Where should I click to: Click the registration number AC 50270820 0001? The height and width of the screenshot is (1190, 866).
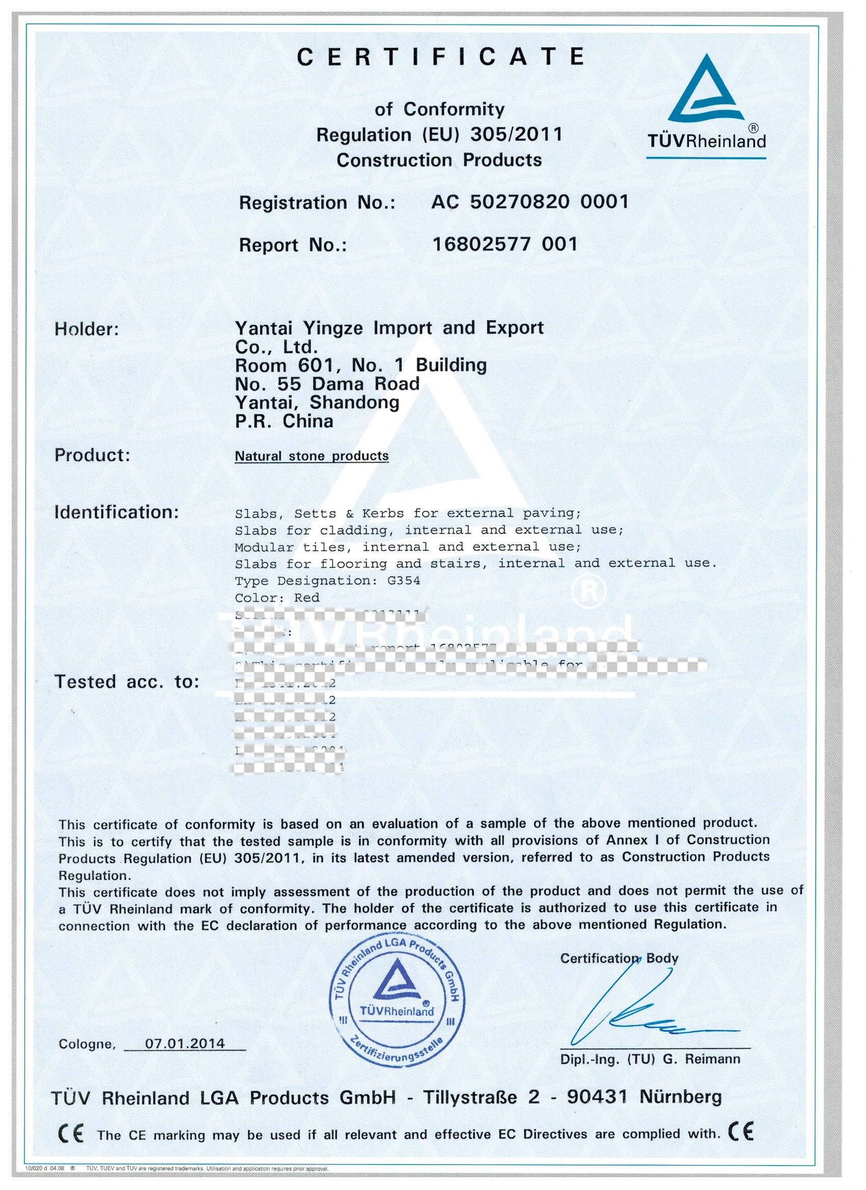point(529,202)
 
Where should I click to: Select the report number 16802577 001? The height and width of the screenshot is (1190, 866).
point(504,244)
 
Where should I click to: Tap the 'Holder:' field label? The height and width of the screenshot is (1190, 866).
point(87,329)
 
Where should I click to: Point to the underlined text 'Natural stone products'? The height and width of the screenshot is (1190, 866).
point(311,456)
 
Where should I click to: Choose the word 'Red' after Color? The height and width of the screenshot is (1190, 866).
point(307,598)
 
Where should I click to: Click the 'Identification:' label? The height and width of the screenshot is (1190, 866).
point(117,512)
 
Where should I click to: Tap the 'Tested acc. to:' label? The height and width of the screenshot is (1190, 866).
point(126,682)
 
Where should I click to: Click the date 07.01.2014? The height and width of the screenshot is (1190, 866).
point(185,1043)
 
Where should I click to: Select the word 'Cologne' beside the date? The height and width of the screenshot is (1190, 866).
point(86,1044)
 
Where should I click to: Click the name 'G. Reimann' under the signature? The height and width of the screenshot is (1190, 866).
point(701,1059)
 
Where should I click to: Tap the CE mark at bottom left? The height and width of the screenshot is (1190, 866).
point(70,1136)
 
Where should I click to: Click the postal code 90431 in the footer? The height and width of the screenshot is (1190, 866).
point(597,1097)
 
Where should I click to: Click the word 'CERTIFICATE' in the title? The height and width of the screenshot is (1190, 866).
point(441,56)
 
